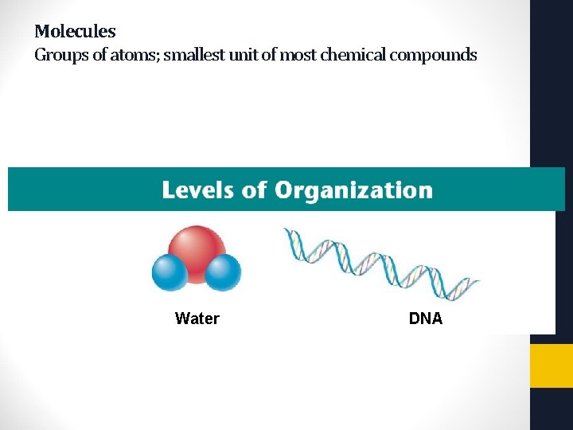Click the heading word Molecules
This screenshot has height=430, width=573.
coord(75,32)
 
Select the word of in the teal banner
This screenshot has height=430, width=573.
coord(252,190)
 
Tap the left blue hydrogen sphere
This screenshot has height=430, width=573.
coord(170,272)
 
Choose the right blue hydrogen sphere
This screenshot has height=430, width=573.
coord(223,272)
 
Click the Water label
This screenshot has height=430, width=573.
coord(197,319)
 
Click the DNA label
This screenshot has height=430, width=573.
coord(426,319)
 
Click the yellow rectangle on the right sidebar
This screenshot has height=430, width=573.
coord(551,365)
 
